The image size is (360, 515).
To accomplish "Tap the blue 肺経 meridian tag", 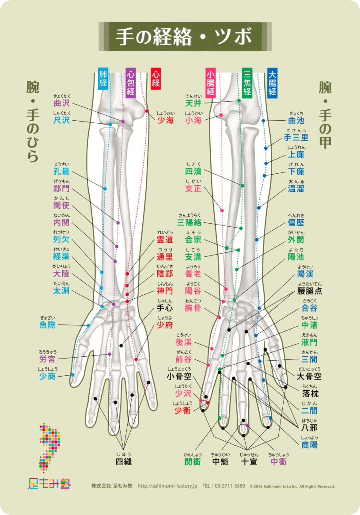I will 103,79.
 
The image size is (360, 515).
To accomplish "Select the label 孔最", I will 61,172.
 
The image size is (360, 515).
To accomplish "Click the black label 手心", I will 166,308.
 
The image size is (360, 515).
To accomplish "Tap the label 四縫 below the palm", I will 124,462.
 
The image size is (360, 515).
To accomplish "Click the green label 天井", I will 193,103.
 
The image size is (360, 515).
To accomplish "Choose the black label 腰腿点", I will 309,291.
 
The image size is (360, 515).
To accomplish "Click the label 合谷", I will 309,308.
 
